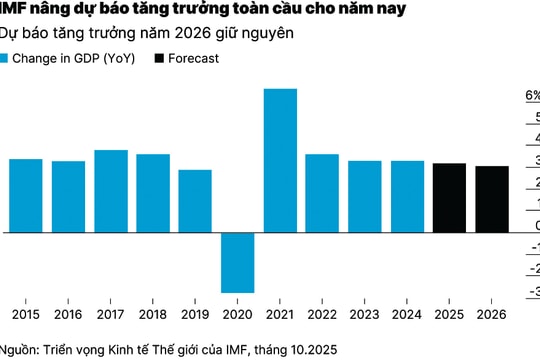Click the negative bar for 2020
[x=238, y=262]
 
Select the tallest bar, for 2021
[x=280, y=160]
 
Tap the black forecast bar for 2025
[x=449, y=198]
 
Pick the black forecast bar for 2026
[x=491, y=199]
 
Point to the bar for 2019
[x=195, y=201]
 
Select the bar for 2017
[x=111, y=191]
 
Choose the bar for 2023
[x=365, y=196]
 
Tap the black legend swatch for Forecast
[x=161, y=58]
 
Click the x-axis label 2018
[x=153, y=315]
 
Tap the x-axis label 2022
[x=322, y=315]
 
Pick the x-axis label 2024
[x=407, y=315]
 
